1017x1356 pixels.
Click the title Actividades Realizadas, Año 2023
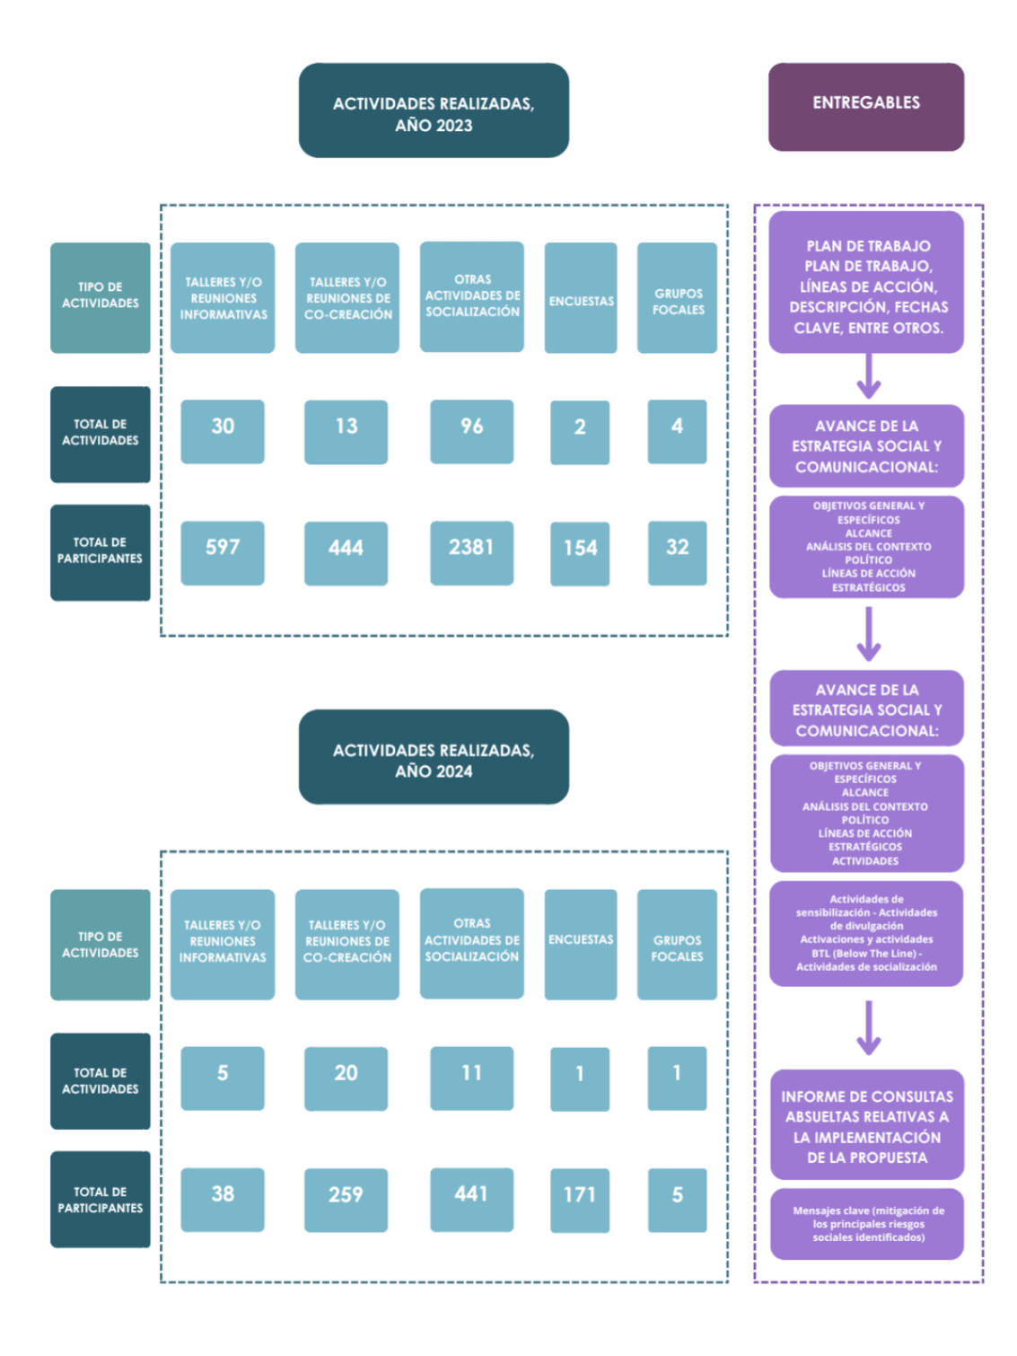pos(434,110)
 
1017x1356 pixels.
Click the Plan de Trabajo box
pos(866,282)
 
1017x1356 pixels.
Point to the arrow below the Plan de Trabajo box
pos(868,376)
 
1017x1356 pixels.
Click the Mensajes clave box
pos(867,1224)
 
